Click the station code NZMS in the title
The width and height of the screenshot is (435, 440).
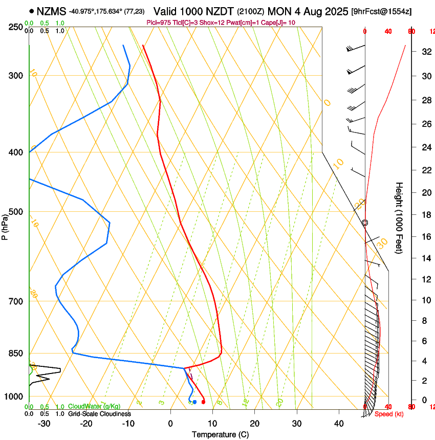(51, 11)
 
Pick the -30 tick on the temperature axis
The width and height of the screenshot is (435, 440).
(44, 424)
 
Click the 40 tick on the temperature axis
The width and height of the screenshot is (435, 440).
(338, 424)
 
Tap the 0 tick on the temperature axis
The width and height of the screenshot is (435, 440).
(170, 424)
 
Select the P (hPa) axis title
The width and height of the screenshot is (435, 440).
(5, 226)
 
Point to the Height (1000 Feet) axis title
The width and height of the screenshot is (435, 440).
(399, 217)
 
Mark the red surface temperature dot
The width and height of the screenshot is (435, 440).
(203, 402)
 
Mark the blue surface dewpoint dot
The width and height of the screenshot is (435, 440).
(194, 402)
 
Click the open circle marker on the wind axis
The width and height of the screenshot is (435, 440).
(365, 223)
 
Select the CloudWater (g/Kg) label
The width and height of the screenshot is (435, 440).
(94, 406)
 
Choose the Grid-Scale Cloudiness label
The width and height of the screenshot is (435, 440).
(99, 414)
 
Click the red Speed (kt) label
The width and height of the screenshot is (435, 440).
(389, 414)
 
